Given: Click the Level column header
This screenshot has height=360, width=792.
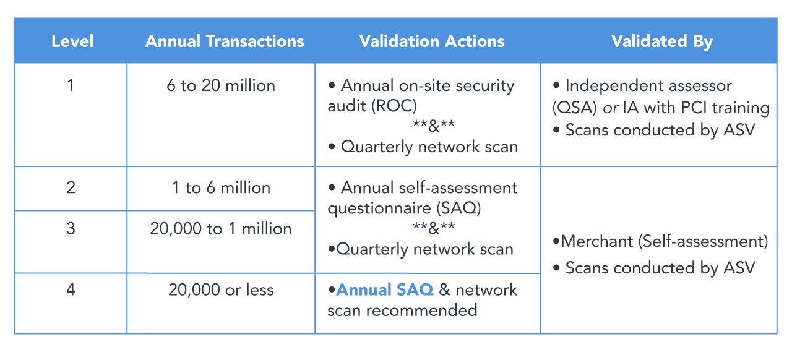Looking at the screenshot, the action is tap(72, 41).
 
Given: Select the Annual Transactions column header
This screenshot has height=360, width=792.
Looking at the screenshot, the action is tap(225, 41).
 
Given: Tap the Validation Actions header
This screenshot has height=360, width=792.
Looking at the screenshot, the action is tap(432, 41).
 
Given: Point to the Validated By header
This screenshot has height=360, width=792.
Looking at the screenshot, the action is tap(662, 41).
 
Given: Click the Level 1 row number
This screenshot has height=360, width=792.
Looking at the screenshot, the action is tap(71, 85).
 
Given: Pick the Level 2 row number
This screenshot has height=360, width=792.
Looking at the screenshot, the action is tap(71, 187).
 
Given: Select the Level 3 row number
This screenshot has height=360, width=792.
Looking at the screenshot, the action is tap(71, 228).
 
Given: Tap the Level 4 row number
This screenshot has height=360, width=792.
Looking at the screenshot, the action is tap(71, 289).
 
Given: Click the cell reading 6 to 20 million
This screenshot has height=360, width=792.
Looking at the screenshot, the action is tap(221, 85).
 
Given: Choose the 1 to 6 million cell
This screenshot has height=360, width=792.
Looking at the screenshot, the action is tap(221, 187).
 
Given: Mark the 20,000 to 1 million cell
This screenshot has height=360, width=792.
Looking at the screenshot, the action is tap(221, 228).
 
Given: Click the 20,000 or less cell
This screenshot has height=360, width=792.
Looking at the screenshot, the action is tap(221, 289).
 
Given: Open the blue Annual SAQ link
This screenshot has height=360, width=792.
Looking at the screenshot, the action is tap(385, 289).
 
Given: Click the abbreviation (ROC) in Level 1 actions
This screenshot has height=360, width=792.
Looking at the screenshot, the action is tap(394, 106).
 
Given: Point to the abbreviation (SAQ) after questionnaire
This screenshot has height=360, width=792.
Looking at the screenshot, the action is tap(458, 208).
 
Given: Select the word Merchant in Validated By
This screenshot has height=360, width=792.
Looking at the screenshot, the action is tap(597, 241).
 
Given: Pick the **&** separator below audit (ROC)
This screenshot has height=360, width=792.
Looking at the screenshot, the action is tap(434, 126).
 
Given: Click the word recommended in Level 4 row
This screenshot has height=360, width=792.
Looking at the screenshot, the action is tap(421, 310).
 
